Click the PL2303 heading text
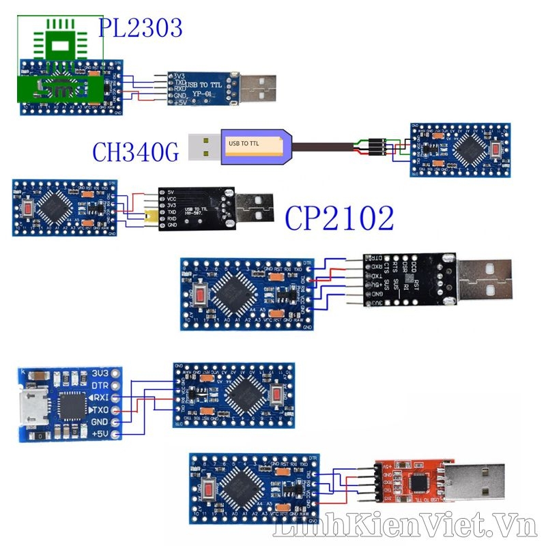click(x=141, y=28)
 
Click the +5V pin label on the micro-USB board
click(x=102, y=433)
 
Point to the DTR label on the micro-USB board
click(x=100, y=386)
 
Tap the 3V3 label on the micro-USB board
click(x=100, y=373)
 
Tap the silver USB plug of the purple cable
click(x=203, y=145)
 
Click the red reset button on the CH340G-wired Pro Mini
click(x=496, y=149)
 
